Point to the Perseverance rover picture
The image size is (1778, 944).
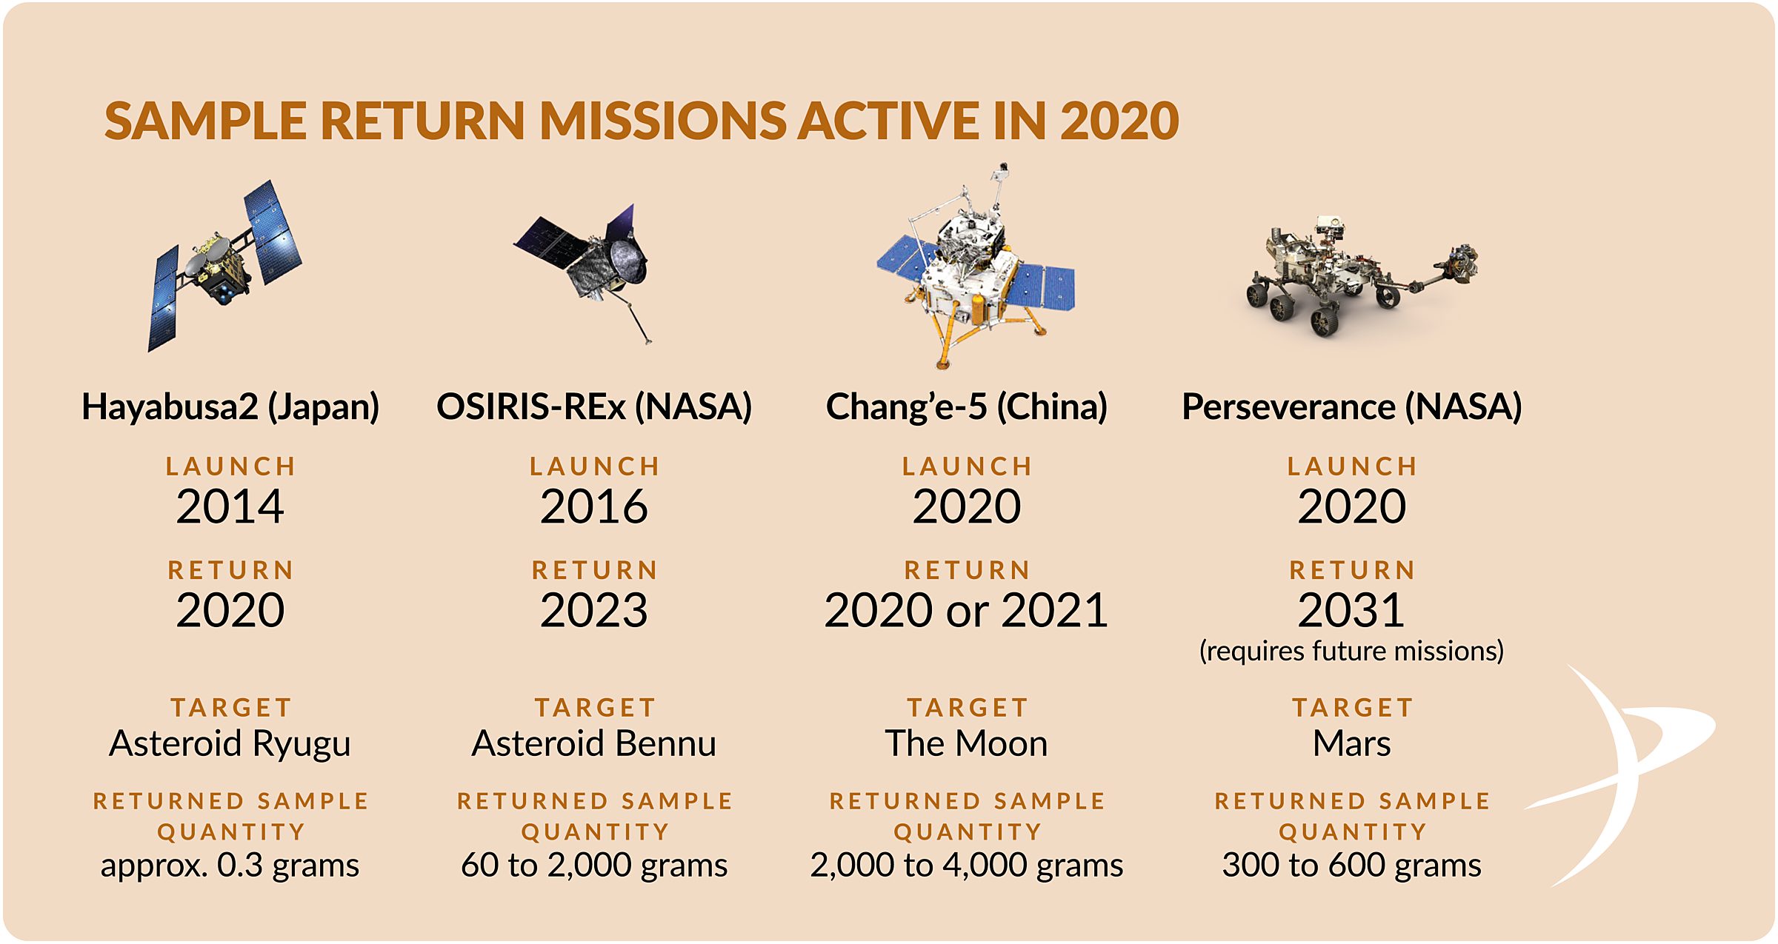click(x=1356, y=278)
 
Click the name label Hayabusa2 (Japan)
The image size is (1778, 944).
click(x=230, y=406)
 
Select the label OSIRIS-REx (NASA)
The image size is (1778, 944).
click(x=594, y=406)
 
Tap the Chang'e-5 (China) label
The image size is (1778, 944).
click(x=967, y=406)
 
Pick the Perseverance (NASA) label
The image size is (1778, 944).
click(x=1352, y=406)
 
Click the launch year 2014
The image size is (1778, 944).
click(x=230, y=506)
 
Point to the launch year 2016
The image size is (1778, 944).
click(x=594, y=506)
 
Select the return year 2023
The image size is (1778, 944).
click(x=594, y=610)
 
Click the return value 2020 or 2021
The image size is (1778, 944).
click(x=967, y=610)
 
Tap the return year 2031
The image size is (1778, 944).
click(x=1352, y=610)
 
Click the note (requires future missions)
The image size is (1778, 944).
click(x=1352, y=651)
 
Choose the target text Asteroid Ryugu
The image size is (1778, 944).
click(x=230, y=743)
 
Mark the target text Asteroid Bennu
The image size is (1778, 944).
click(x=594, y=743)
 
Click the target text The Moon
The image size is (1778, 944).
click(x=967, y=743)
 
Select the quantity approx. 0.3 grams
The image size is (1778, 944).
click(x=230, y=865)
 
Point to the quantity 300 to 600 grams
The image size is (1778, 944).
click(x=1352, y=865)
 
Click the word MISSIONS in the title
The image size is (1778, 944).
click(x=663, y=121)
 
